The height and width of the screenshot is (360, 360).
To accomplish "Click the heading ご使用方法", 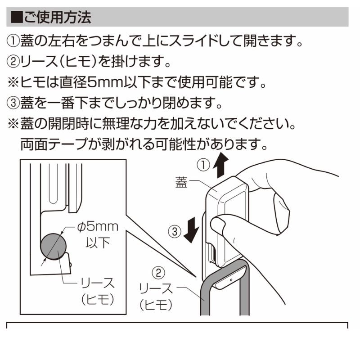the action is tap(58, 17).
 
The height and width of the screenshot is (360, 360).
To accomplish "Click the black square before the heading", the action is tap(17, 17).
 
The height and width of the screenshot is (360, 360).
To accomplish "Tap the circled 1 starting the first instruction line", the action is tap(13, 41).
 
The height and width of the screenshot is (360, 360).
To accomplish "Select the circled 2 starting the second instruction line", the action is tap(13, 62).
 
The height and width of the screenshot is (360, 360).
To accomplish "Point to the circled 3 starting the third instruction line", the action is tap(13, 103).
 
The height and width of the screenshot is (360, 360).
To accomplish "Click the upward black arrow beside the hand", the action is tap(220, 165).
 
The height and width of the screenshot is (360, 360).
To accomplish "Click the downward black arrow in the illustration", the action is tap(191, 230).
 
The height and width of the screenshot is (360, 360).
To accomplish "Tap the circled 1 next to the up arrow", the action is tap(203, 165).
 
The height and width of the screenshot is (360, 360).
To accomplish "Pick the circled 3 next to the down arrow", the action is tap(175, 231).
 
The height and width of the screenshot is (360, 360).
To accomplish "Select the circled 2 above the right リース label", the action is tap(159, 273).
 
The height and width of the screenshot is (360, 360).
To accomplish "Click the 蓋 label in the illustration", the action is tap(181, 183).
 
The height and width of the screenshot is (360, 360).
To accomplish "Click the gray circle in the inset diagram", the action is tap(53, 247).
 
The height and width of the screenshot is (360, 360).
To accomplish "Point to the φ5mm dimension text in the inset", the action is tap(98, 227).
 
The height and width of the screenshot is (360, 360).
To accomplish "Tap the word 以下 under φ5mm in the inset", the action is tap(98, 243).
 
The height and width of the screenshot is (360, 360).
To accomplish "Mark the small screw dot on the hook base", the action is tap(231, 280).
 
